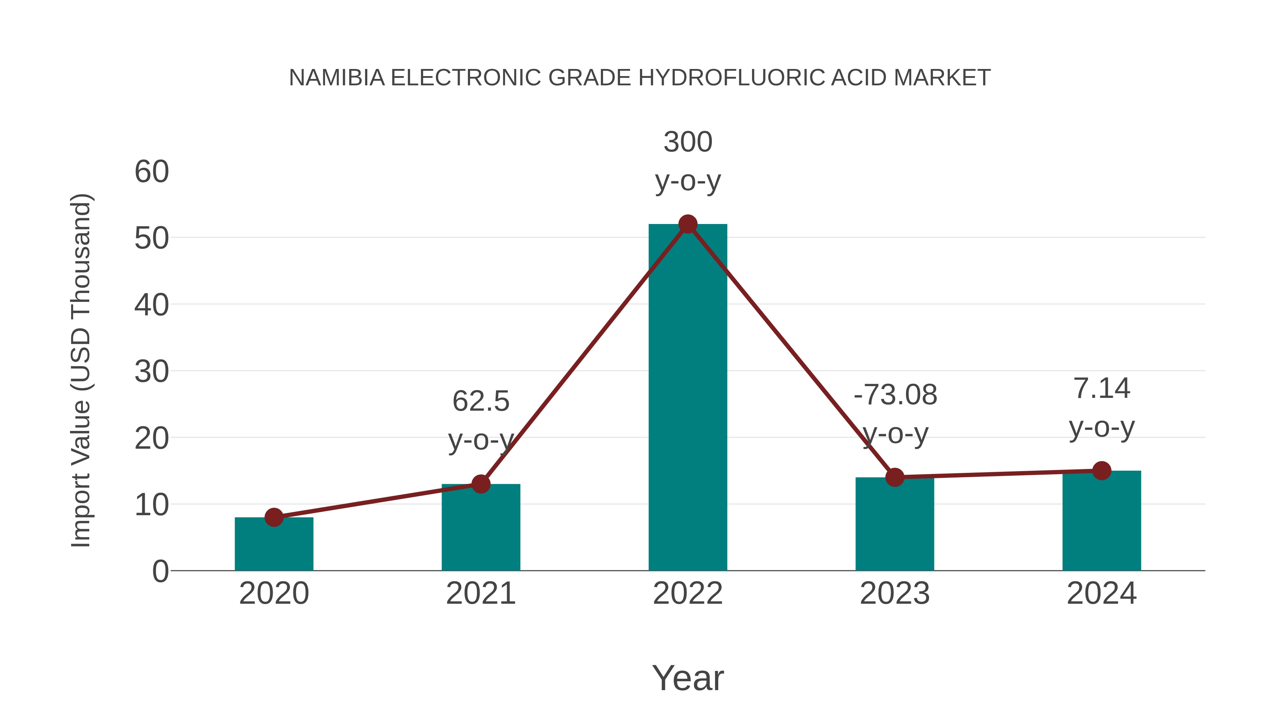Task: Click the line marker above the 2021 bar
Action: [x=480, y=484]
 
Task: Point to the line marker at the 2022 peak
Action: [x=688, y=224]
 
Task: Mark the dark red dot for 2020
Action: [x=274, y=517]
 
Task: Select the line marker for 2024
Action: [x=1102, y=470]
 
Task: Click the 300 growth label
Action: [x=688, y=142]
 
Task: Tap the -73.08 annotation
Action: [x=895, y=395]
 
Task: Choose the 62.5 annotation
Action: [x=480, y=401]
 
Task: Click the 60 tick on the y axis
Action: [x=151, y=172]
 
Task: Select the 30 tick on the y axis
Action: [x=151, y=372]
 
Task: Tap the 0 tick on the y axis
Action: [x=160, y=571]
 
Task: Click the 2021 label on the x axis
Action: [x=480, y=593]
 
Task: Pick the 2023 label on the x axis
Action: [x=895, y=593]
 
